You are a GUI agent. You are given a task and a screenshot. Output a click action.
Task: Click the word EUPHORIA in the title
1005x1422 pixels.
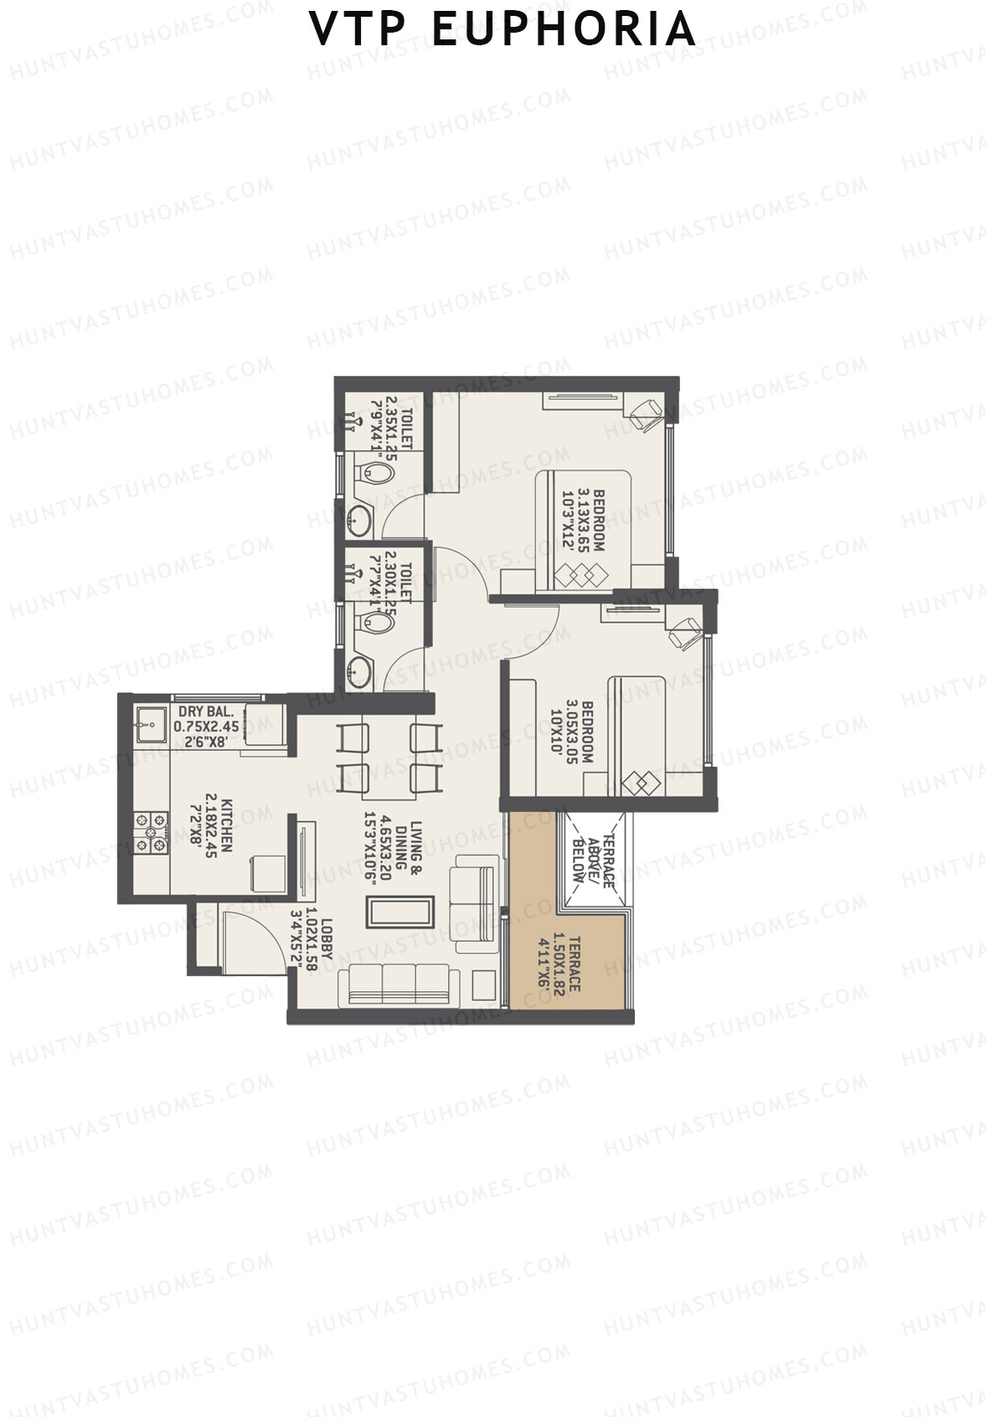pyautogui.click(x=563, y=29)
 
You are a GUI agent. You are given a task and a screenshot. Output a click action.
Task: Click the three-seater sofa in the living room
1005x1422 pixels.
pyautogui.click(x=398, y=985)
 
